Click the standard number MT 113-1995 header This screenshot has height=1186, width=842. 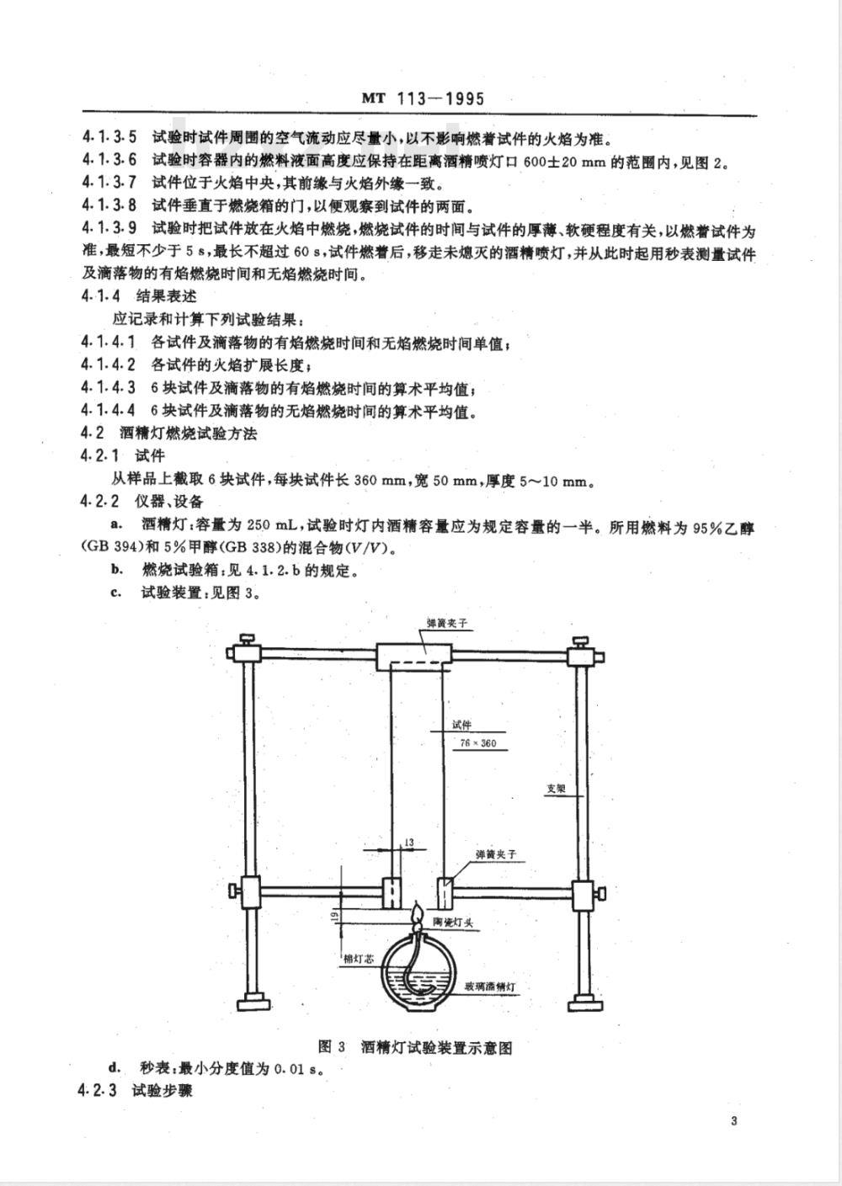pyautogui.click(x=424, y=99)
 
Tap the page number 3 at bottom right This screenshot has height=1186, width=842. pyautogui.click(x=733, y=1120)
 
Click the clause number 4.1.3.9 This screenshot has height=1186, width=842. pyautogui.click(x=109, y=228)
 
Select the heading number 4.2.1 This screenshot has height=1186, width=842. pyautogui.click(x=100, y=455)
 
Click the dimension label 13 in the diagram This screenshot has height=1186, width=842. pyautogui.click(x=409, y=843)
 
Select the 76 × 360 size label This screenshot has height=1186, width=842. pyautogui.click(x=477, y=743)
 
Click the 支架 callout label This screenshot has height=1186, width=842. pyautogui.click(x=556, y=789)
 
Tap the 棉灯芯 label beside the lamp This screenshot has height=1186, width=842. pyautogui.click(x=359, y=959)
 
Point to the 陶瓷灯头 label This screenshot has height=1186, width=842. pyautogui.click(x=453, y=923)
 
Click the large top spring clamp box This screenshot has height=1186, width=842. pyautogui.click(x=414, y=657)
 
